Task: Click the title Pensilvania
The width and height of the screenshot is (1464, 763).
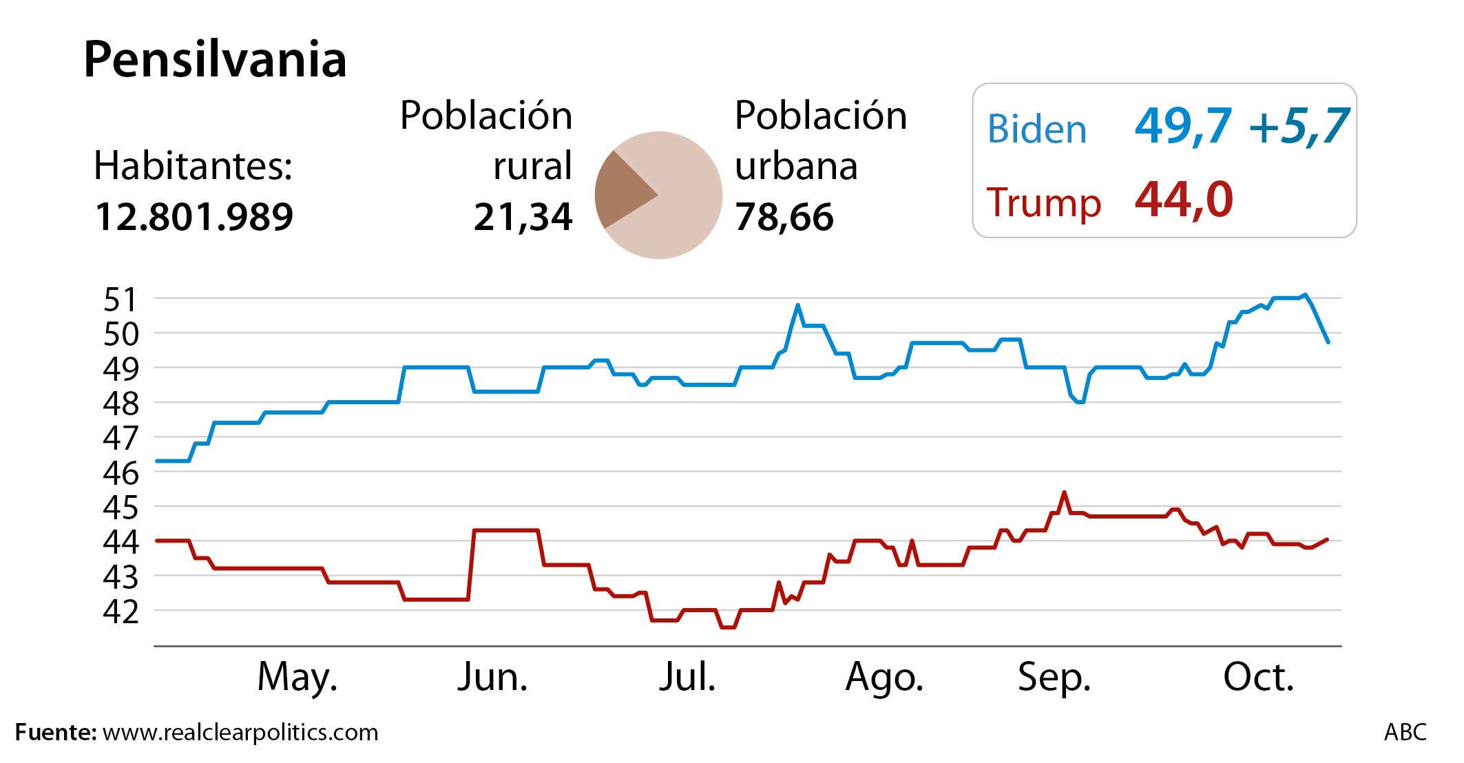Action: click(x=215, y=59)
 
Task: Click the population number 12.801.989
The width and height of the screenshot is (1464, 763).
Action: click(x=194, y=217)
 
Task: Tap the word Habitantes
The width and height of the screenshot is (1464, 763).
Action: click(x=193, y=166)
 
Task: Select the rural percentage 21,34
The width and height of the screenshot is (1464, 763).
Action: click(x=523, y=217)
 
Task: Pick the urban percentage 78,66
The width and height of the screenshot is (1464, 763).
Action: click(x=784, y=217)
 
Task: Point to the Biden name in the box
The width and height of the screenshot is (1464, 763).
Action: click(x=1036, y=129)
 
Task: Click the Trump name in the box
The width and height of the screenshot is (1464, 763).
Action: click(x=1043, y=202)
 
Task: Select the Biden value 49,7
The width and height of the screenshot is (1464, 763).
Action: click(x=1182, y=127)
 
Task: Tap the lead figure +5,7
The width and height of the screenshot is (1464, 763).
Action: click(x=1298, y=127)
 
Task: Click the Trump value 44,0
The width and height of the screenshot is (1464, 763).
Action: click(x=1184, y=200)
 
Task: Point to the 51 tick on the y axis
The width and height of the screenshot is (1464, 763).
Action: click(x=121, y=300)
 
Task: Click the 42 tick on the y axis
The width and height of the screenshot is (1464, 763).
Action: click(x=121, y=612)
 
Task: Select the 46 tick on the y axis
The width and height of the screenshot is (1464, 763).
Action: click(x=121, y=472)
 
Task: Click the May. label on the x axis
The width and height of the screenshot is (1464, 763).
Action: click(x=297, y=677)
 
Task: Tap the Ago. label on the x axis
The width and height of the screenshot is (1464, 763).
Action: click(x=883, y=677)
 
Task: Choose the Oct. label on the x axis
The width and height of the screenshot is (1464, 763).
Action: click(x=1258, y=677)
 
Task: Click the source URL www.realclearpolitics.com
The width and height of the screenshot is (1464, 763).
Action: click(x=240, y=732)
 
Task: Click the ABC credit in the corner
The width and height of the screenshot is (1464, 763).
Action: click(x=1405, y=732)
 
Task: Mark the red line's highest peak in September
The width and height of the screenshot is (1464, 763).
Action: click(x=1064, y=492)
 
